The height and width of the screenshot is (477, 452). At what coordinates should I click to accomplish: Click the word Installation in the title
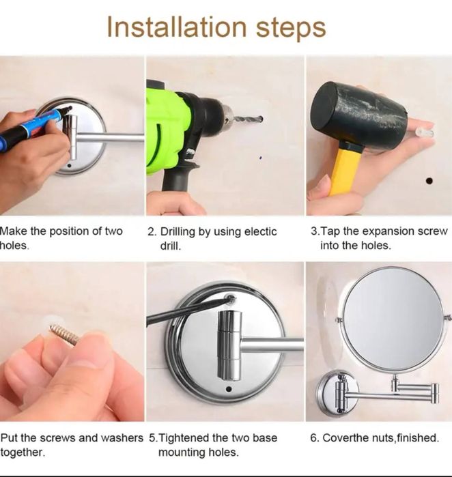177,27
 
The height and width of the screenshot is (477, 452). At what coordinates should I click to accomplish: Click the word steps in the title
291,29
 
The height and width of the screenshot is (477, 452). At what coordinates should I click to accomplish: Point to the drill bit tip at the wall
261,119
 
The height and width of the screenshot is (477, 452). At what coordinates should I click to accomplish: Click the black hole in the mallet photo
429,181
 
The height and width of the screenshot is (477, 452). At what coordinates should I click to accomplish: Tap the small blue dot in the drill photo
261,158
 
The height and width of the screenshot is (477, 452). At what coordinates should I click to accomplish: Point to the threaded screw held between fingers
65,334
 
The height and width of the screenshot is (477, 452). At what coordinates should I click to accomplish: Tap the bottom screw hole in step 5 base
229,389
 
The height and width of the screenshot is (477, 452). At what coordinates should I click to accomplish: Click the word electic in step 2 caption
260,232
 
